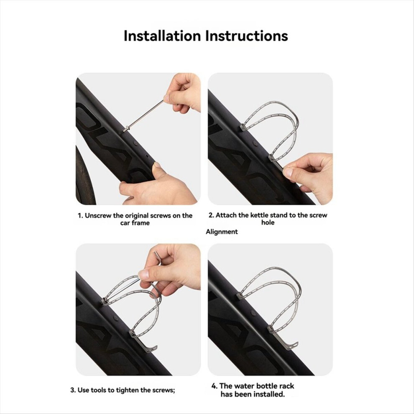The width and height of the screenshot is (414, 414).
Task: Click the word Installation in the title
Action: (x=162, y=36)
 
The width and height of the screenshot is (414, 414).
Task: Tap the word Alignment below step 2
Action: (x=222, y=232)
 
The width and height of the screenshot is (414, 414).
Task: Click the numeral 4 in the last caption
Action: (x=214, y=386)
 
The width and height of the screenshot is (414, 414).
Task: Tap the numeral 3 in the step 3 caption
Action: (x=73, y=390)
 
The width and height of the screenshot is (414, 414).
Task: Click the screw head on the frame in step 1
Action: (x=126, y=129)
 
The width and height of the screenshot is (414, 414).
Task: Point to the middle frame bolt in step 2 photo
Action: (x=255, y=144)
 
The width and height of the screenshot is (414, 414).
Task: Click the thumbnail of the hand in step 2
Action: (x=288, y=172)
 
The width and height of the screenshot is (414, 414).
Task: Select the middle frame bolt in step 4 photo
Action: (x=253, y=313)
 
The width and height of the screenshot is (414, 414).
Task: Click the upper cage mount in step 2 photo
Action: (x=243, y=128)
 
